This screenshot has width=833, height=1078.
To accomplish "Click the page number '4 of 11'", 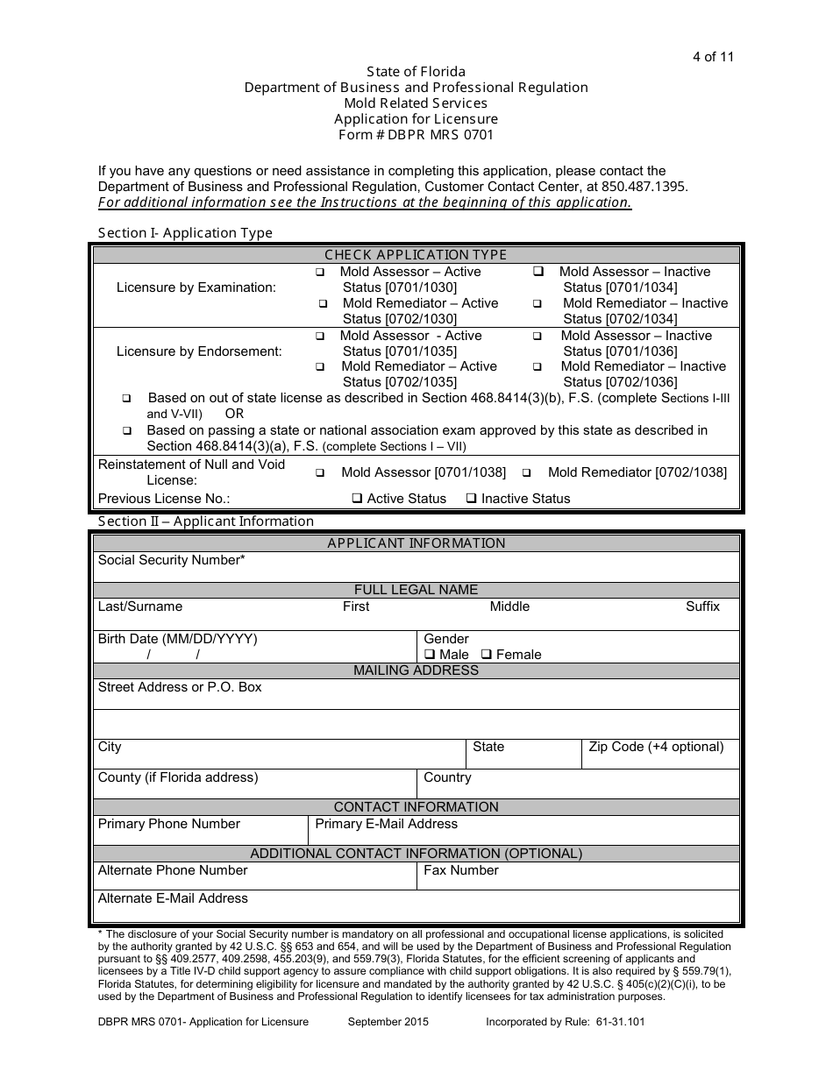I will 712,58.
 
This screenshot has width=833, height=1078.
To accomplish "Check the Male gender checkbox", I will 430,655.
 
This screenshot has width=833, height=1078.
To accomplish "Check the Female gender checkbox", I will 488,655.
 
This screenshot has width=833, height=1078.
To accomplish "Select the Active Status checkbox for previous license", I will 358,499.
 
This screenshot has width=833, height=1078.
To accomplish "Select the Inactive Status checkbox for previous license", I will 472,499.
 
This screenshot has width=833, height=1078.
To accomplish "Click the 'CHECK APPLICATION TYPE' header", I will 416,255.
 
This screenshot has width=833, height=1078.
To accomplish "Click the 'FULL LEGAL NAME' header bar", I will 416,590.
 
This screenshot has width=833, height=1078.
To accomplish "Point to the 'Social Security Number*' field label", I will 172,560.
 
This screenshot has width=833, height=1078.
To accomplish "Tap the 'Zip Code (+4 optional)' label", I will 656,747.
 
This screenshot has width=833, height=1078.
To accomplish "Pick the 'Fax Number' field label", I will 460,870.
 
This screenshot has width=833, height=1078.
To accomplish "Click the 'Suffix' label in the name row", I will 702,606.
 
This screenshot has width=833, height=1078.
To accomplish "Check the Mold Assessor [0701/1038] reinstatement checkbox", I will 320,473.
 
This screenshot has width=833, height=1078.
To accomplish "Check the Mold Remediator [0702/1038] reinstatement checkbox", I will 527,473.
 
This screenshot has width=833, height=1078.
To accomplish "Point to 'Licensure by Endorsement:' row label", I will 199,351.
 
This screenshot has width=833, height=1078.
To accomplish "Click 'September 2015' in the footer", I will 388,1022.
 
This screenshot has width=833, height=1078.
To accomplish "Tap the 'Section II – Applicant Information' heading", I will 206,521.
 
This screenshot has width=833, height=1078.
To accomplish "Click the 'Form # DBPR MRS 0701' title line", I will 416,135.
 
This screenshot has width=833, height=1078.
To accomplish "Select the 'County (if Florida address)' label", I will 178,777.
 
